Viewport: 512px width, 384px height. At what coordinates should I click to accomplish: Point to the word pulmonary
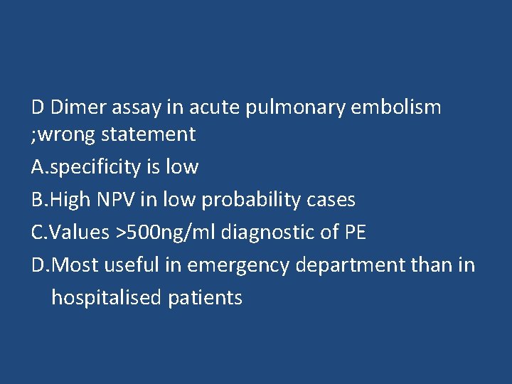coord(295,108)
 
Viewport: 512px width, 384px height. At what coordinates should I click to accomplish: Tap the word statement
coord(151,134)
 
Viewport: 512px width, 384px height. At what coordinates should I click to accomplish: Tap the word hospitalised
coord(107,298)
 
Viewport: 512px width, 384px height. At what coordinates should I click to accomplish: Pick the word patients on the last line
coord(206,298)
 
